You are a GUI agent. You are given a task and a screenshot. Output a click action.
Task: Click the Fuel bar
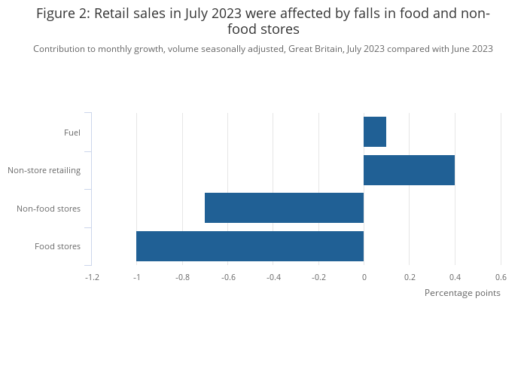[374, 133]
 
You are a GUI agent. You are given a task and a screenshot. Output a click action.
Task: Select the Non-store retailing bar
[409, 170]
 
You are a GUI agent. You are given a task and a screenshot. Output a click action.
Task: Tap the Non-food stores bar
[284, 208]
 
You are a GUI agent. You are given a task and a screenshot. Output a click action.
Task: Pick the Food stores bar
[250, 246]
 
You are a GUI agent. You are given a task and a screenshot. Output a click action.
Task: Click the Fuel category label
[72, 133]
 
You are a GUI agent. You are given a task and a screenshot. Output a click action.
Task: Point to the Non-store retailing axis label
[44, 170]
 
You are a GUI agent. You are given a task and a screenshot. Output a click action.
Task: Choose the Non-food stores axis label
[48, 209]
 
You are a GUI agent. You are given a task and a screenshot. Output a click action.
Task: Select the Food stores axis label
[57, 246]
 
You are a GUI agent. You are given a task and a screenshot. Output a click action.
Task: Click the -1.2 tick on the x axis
[92, 277]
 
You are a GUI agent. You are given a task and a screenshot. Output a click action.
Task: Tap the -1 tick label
[136, 277]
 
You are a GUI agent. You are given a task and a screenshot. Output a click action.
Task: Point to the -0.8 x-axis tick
[182, 277]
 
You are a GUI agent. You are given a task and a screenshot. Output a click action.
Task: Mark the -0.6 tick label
[227, 277]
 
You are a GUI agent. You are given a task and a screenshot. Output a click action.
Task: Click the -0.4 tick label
[273, 277]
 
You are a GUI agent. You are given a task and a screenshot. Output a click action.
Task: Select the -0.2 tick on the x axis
[318, 277]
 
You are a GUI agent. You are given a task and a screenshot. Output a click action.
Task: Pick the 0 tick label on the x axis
[364, 277]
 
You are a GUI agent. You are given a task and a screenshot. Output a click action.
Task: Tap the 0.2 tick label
[410, 277]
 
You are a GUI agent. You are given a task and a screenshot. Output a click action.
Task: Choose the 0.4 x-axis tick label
[455, 277]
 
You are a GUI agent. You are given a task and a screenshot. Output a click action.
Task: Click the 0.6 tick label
[501, 277]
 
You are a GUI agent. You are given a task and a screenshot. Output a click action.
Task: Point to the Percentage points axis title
[462, 293]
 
